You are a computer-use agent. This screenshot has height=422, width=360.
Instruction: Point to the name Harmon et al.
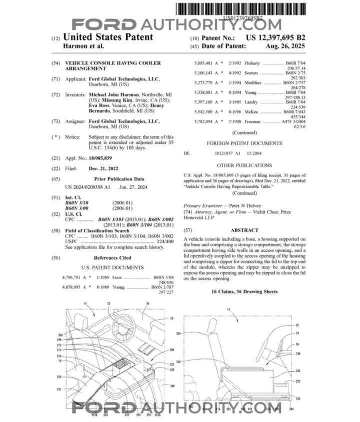click(x=83, y=46)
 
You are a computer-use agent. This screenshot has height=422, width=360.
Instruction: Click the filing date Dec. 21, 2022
click(x=104, y=168)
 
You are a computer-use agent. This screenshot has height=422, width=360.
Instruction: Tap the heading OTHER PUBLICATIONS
click(x=244, y=165)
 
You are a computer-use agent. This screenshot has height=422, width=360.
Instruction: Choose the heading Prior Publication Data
click(x=119, y=179)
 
